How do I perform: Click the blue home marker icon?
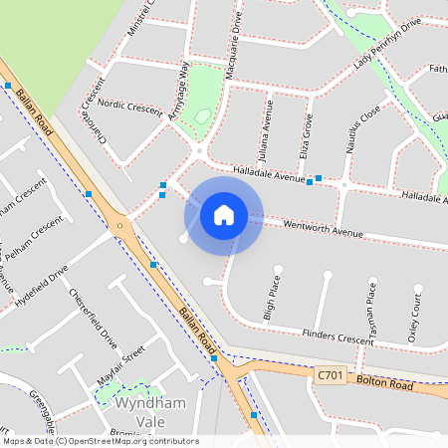pos(224,215)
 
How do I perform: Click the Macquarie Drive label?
pos(237,35)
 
